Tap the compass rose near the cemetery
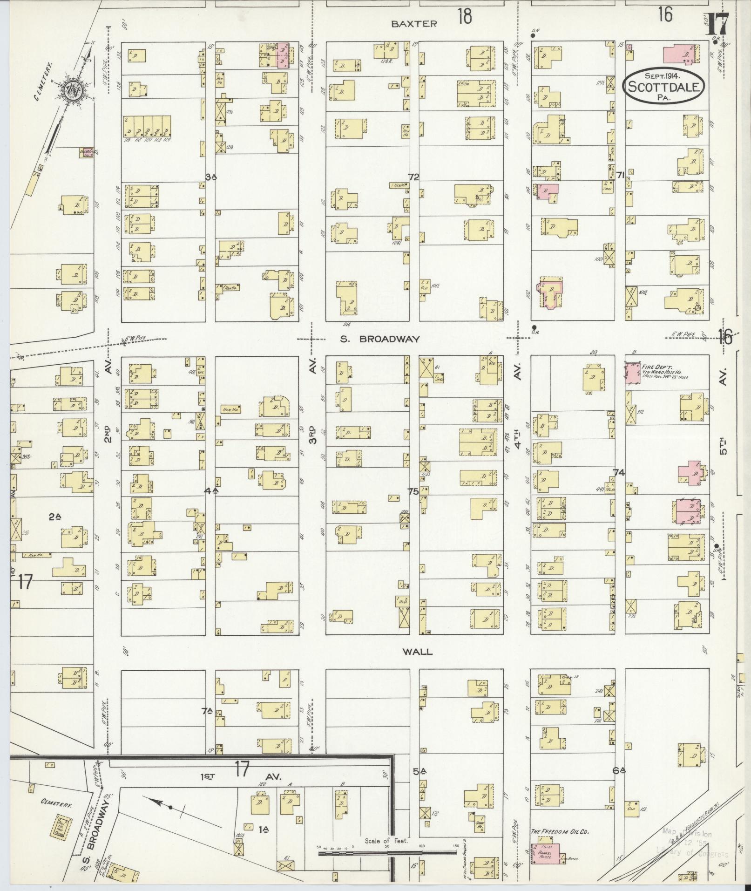pyautogui.click(x=74, y=88)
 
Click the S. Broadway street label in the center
pyautogui.click(x=380, y=339)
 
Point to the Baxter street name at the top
pyautogui.click(x=414, y=24)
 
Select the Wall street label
pyautogui.click(x=418, y=652)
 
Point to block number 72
pyautogui.click(x=413, y=177)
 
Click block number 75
pyautogui.click(x=413, y=491)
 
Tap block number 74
pyautogui.click(x=618, y=472)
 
